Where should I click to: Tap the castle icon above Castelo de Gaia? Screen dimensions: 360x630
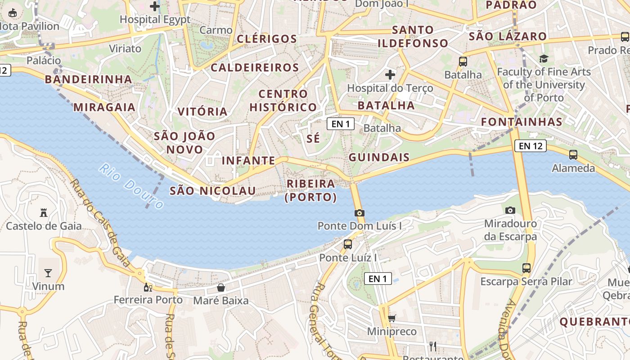click(x=44, y=212)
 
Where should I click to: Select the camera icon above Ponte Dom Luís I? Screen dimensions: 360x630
click(x=359, y=213)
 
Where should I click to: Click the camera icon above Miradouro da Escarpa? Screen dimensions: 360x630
click(x=510, y=210)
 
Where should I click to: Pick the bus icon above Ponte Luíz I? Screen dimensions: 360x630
click(x=347, y=244)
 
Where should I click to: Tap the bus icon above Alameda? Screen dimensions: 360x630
click(x=573, y=155)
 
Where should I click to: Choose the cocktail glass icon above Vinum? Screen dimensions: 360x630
click(x=48, y=273)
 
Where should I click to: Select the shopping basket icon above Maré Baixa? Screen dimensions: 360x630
click(x=220, y=288)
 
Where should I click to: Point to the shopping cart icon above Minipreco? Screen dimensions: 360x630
click(x=391, y=319)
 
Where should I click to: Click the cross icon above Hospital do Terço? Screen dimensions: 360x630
click(x=390, y=75)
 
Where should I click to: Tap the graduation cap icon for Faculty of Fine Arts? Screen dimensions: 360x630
click(x=544, y=58)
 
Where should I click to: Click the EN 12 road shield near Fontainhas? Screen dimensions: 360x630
click(x=530, y=146)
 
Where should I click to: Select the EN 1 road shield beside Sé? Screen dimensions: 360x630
click(x=340, y=124)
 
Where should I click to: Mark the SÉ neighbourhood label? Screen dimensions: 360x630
click(x=313, y=139)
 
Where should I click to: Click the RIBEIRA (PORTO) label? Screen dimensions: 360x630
click(x=311, y=190)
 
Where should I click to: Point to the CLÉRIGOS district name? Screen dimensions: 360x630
click(x=267, y=39)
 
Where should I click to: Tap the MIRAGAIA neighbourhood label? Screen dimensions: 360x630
click(x=104, y=107)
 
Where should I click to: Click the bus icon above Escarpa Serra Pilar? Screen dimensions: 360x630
click(x=526, y=268)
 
